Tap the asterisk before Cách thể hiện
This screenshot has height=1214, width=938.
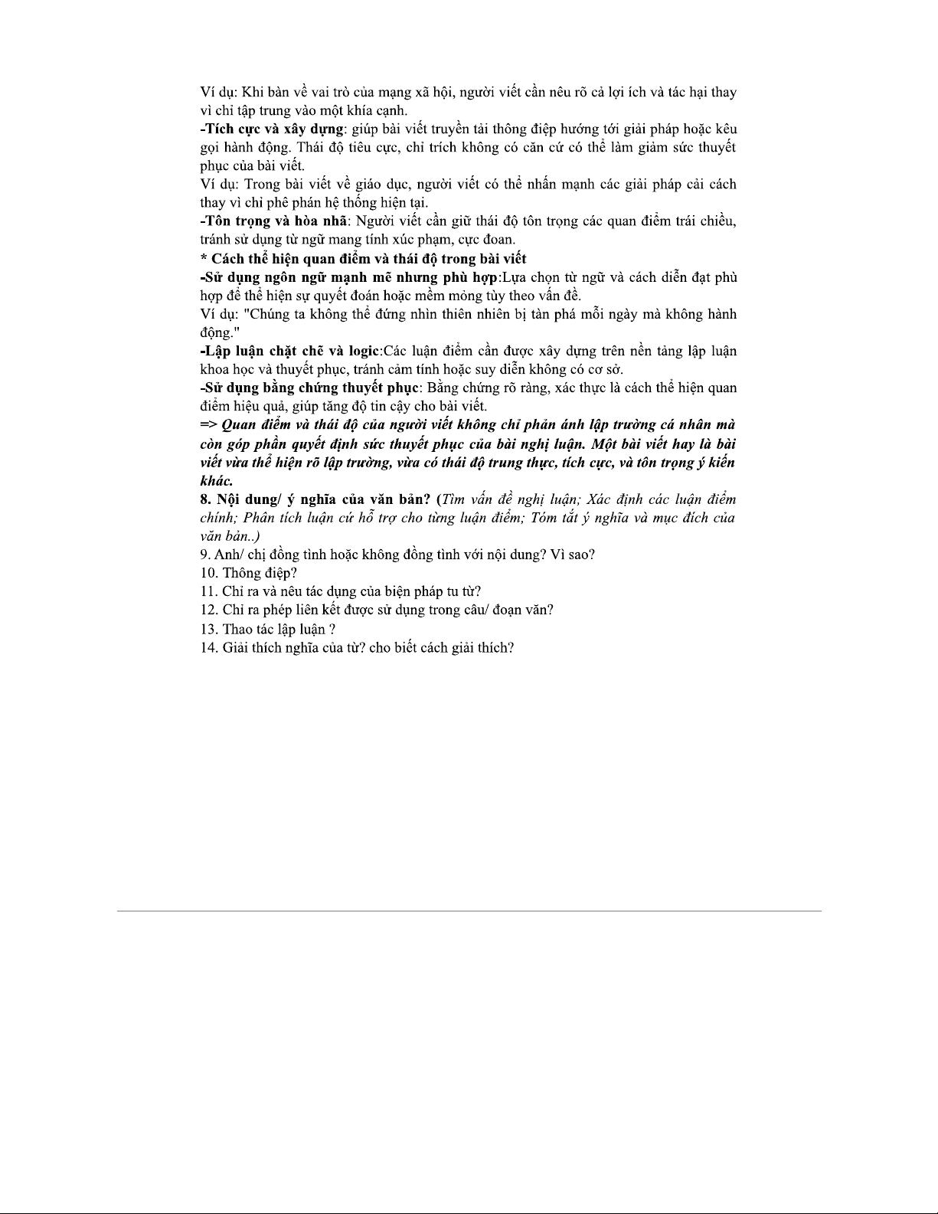point(204,259)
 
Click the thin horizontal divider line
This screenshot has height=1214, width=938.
point(469,911)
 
